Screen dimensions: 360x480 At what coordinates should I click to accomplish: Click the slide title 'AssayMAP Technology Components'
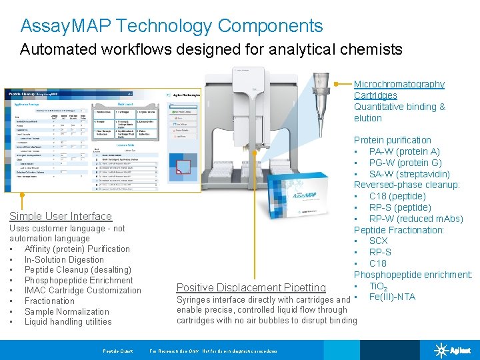coord(171,26)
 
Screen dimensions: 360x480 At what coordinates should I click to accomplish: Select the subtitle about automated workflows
coord(211,49)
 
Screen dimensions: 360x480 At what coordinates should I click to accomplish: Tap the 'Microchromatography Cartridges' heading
coord(399,90)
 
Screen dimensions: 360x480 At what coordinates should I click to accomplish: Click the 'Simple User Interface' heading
coord(61,216)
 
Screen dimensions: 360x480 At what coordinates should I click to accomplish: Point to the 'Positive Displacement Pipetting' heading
coord(251,287)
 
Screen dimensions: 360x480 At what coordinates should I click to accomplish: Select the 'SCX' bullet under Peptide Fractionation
coord(378,241)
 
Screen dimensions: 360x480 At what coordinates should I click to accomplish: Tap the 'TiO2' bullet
coord(378,286)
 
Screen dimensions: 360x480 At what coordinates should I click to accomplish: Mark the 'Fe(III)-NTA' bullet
coord(392,297)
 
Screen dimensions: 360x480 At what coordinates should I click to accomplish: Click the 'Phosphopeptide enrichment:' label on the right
coord(413,275)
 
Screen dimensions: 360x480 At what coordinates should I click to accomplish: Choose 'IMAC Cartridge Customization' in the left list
coord(83,291)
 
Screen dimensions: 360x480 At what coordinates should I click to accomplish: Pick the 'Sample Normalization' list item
coord(67,311)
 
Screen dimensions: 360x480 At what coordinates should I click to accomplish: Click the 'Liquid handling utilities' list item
coord(68,322)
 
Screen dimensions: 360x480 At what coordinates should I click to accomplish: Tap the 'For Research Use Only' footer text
coord(213,351)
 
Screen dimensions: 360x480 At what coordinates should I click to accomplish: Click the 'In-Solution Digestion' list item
coord(64,259)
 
